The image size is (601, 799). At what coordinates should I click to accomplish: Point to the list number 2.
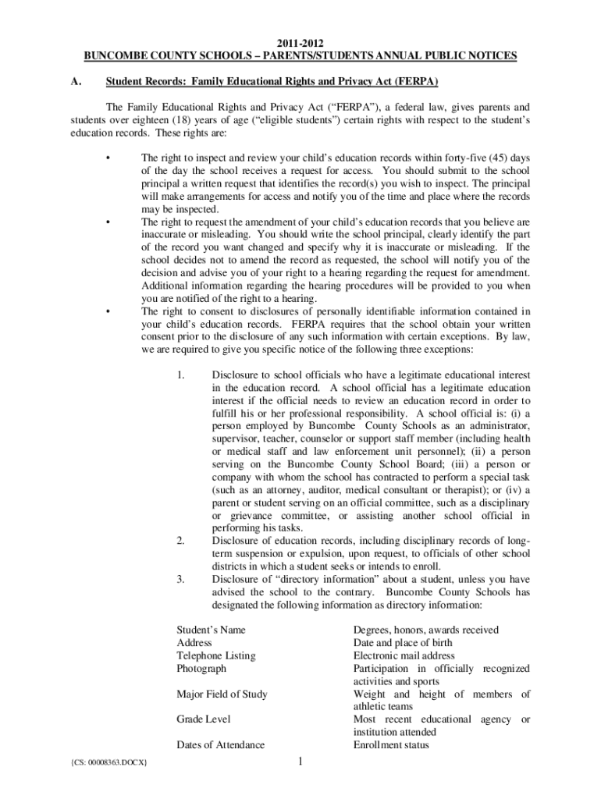180,541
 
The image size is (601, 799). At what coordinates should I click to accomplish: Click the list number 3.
180,579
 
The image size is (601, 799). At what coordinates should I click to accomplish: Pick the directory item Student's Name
207,630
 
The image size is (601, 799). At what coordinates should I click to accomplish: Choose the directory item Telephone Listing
216,655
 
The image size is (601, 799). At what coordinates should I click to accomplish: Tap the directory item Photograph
201,669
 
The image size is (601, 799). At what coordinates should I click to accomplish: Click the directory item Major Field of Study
222,694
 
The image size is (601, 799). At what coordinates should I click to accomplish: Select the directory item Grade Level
203,719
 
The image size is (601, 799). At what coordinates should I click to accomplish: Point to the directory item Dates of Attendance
220,745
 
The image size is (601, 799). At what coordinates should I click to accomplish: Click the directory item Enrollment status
391,745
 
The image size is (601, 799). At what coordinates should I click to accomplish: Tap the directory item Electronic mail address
404,655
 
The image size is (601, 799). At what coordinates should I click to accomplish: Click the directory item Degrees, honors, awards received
425,630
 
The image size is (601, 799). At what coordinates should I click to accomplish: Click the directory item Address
194,643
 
